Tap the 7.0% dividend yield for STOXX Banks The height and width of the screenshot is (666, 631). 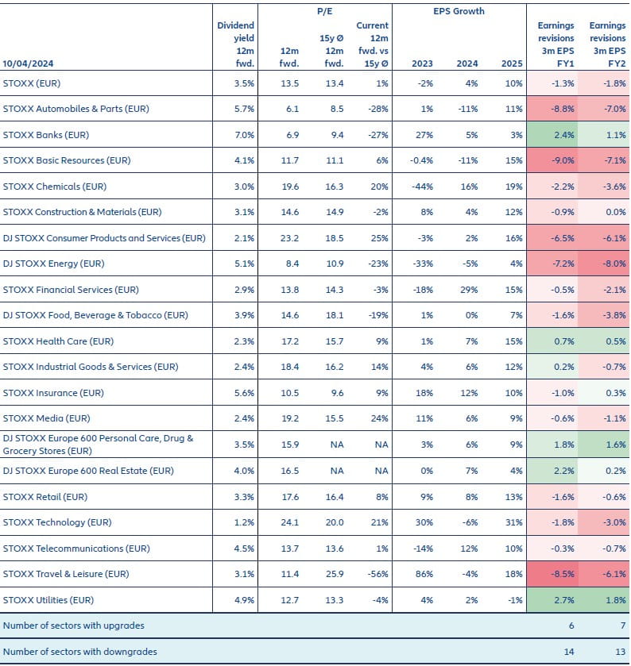pyautogui.click(x=243, y=134)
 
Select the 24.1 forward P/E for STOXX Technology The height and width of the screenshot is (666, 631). pyautogui.click(x=289, y=522)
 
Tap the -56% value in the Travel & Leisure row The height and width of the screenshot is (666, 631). pyautogui.click(x=377, y=574)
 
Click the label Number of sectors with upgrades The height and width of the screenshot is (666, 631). pyautogui.click(x=74, y=626)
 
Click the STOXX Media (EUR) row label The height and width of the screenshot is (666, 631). pyautogui.click(x=48, y=418)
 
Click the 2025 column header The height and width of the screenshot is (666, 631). pyautogui.click(x=513, y=63)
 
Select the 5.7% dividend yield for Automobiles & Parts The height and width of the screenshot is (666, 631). pyautogui.click(x=243, y=109)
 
